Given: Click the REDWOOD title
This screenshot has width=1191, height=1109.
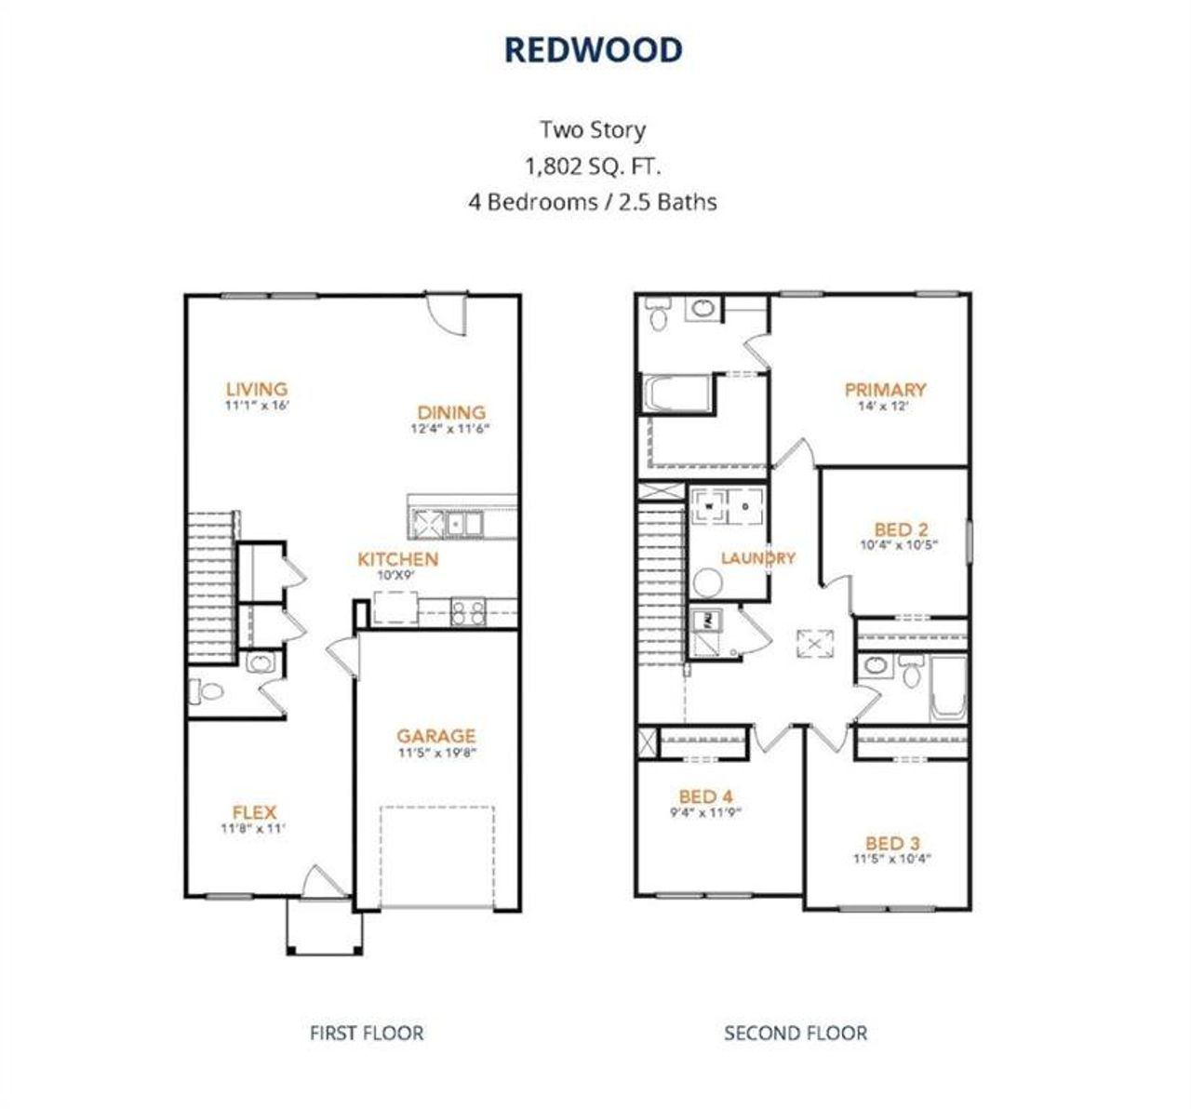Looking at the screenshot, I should pos(594,50).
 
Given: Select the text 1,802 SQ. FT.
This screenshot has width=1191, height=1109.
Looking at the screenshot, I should pos(594,167).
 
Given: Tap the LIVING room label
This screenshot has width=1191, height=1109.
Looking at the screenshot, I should pos(256,389).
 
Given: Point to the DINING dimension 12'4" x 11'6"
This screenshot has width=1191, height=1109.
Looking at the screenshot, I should pos(450,429).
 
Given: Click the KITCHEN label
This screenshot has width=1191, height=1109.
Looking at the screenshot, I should pos(397,559).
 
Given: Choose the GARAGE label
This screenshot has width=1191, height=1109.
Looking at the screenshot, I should pos(435,736).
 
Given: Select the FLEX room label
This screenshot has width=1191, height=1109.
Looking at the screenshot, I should pos(254,812).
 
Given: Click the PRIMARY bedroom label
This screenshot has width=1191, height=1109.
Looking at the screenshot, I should pos(884,390).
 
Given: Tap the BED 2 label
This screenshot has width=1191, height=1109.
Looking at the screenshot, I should pos(900,529).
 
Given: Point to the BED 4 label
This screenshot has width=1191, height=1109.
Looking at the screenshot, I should pos(705,796).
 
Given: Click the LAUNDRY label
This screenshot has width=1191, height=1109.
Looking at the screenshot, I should pos(758,558).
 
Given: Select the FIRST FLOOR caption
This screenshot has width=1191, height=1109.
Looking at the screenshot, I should pos(366,1033).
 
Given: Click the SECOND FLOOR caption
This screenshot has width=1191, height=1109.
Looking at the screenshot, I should pos(796,1033).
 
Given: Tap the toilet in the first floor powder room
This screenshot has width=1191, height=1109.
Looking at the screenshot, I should pos(207,692).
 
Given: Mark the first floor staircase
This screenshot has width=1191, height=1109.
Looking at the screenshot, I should pos(211,586).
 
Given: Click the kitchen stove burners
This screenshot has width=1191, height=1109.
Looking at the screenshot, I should pos(466,611).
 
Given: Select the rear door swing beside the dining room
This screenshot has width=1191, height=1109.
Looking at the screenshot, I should pos(447,312).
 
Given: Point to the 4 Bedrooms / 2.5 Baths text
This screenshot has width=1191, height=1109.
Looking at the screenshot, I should pos(593,202).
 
